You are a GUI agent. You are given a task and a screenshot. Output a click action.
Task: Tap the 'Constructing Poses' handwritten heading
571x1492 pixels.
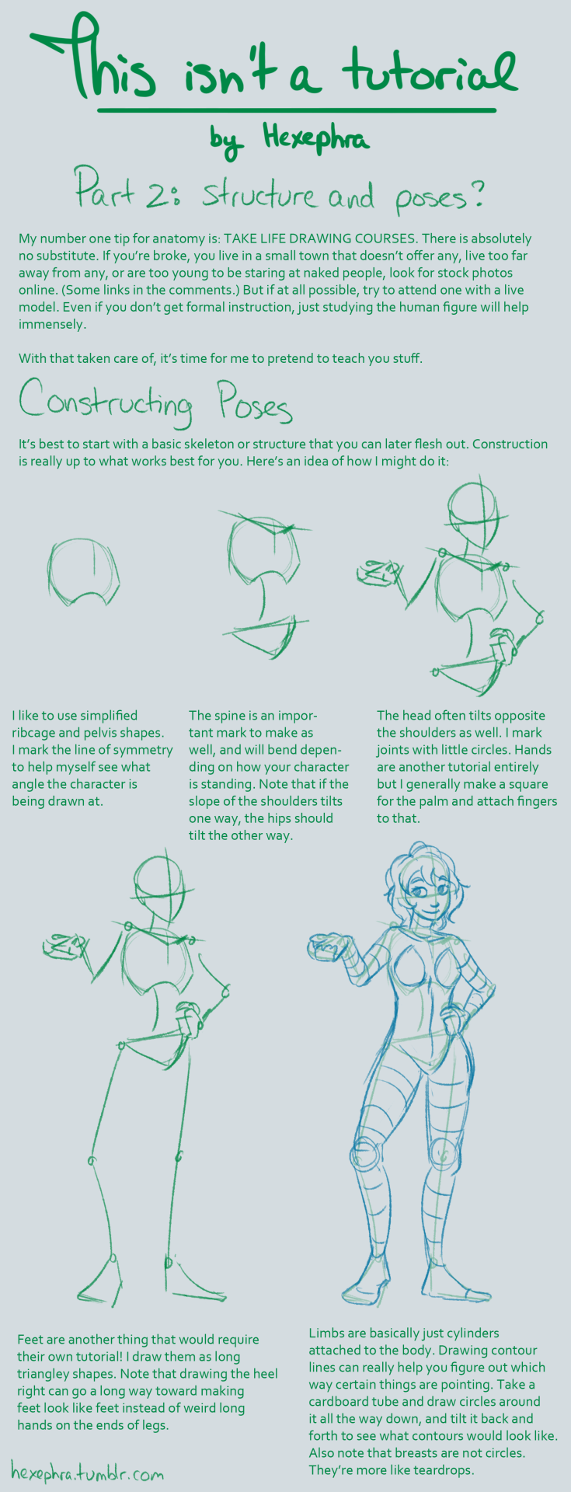click(155, 401)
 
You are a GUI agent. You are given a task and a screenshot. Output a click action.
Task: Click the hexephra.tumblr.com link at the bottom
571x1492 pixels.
click(87, 1471)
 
